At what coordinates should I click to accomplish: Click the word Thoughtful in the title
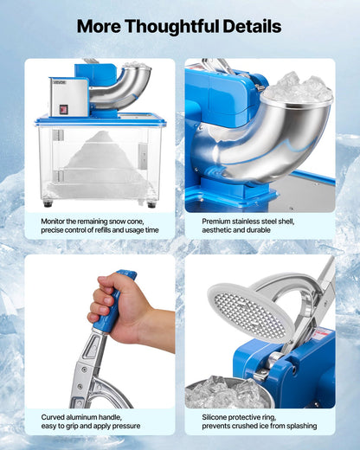(179, 26)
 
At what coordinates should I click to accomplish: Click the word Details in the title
(251, 26)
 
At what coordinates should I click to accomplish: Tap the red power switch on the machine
(63, 109)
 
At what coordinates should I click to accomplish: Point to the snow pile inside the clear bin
(100, 161)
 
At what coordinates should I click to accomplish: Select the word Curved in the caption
(54, 417)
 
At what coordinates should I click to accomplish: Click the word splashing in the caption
(296, 427)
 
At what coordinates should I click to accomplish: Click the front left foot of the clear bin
(48, 204)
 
